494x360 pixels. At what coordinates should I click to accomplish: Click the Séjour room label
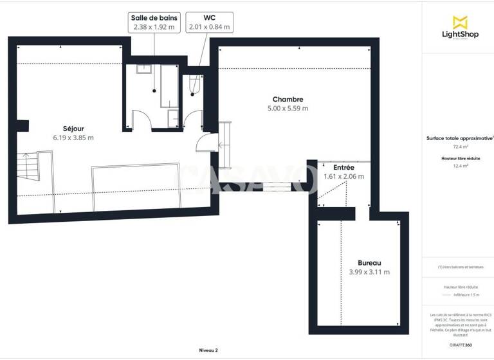[73, 129]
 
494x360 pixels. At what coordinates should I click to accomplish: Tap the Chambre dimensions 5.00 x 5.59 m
[288, 109]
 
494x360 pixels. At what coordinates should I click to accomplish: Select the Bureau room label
[369, 263]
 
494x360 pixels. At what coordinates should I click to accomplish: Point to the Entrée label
[343, 167]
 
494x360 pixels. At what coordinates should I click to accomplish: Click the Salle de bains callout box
[154, 22]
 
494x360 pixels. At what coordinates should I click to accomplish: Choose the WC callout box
[209, 22]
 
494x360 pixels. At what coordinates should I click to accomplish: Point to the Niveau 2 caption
[208, 350]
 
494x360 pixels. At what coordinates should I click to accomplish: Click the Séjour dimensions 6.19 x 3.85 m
[73, 138]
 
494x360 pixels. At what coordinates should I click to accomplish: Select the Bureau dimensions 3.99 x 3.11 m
[369, 272]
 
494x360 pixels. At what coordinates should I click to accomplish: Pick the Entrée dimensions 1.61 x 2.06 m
[343, 176]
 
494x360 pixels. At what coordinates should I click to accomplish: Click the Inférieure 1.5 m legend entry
[464, 294]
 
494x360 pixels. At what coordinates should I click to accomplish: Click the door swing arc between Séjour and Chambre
[205, 141]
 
